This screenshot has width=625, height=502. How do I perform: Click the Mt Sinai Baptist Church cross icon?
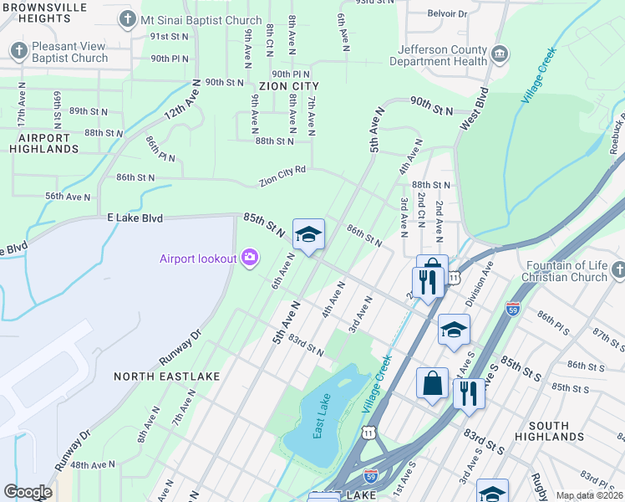coord(127,18)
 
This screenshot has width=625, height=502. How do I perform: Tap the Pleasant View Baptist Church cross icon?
coord(19,52)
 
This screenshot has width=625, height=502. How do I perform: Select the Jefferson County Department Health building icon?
coord(500,55)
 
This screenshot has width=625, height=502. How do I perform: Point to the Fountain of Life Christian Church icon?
coord(617,270)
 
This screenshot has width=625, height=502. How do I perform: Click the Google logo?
coord(28,492)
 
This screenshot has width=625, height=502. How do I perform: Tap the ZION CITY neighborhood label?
coord(289,86)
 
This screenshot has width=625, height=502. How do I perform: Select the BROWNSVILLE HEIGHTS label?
coord(48,12)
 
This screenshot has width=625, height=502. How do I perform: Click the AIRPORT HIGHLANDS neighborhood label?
coord(43,143)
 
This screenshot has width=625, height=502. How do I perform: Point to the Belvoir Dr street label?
coord(449,13)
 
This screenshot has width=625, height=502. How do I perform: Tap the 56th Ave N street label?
coord(68,197)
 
